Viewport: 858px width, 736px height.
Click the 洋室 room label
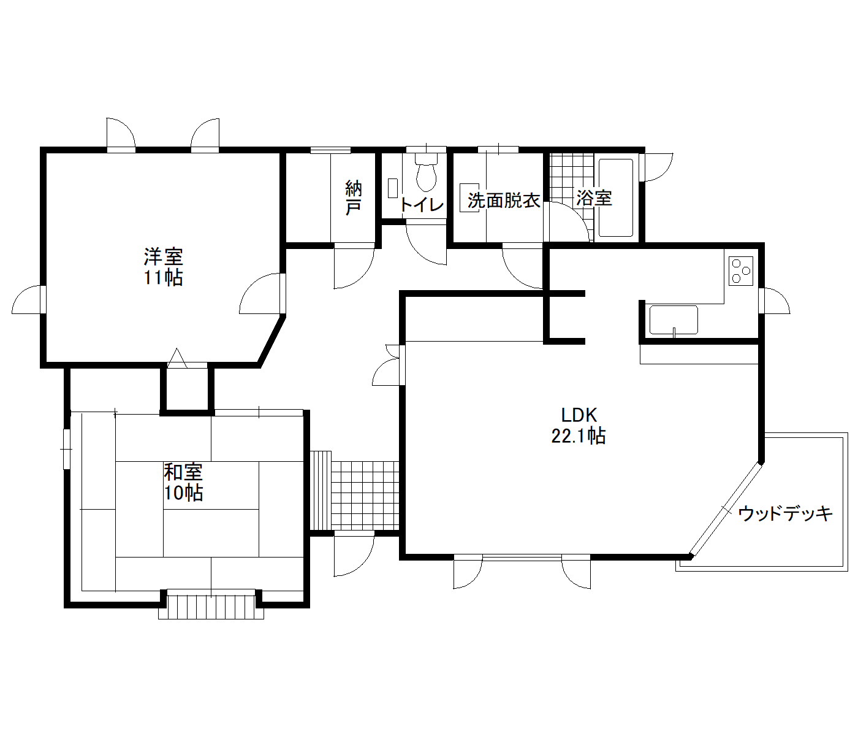(x=164, y=257)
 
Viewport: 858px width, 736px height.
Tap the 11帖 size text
(x=164, y=277)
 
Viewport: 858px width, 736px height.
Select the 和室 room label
(x=183, y=472)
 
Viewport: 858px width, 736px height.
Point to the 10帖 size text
(x=183, y=493)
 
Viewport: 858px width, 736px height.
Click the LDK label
(x=579, y=415)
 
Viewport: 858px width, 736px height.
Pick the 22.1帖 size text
(x=578, y=436)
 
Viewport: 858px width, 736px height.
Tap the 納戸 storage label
(x=353, y=197)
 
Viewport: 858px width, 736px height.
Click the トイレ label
(x=421, y=204)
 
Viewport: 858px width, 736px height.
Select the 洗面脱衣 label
(x=504, y=201)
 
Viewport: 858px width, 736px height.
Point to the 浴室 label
(x=594, y=198)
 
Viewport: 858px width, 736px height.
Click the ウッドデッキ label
(x=785, y=514)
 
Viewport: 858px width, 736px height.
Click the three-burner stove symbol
(x=741, y=271)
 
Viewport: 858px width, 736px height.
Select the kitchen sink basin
(x=674, y=320)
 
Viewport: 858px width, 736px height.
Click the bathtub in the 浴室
(x=615, y=197)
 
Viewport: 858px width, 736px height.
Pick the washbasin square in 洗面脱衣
(x=469, y=198)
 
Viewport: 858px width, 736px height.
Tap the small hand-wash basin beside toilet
(x=393, y=188)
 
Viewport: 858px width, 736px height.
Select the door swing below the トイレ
(x=427, y=244)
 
